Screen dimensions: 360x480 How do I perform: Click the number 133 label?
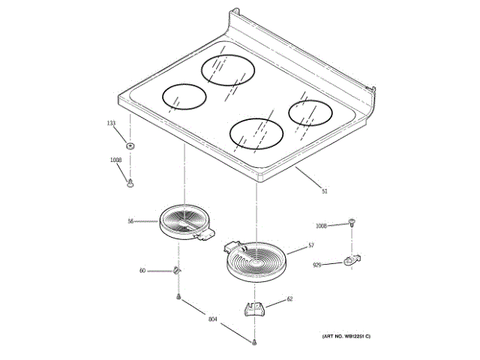[111, 123]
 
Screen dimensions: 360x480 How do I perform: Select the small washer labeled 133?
[130, 144]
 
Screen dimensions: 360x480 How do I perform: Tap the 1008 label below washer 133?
[115, 160]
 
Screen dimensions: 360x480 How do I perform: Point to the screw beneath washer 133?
[130, 181]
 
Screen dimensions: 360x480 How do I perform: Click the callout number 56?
[130, 221]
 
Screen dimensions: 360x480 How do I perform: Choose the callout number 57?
[311, 246]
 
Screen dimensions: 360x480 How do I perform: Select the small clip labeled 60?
[176, 269]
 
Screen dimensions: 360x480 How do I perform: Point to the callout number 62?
[289, 299]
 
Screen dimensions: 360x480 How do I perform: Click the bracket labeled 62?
[256, 308]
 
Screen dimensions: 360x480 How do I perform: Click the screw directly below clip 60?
[178, 298]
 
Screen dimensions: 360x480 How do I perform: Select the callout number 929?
[318, 265]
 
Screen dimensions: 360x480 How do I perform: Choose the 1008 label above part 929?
[321, 226]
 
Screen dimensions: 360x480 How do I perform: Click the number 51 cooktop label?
[325, 191]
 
